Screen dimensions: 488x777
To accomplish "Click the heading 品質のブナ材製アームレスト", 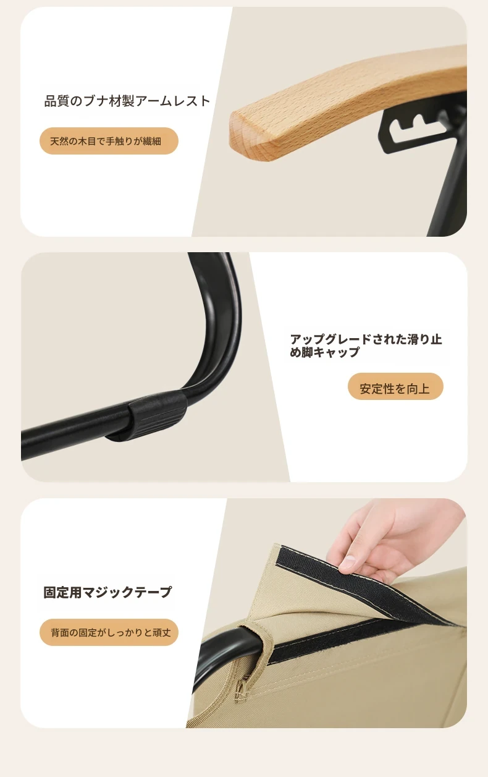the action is coord(127,101).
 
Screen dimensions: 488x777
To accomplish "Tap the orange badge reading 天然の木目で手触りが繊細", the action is coord(109,141).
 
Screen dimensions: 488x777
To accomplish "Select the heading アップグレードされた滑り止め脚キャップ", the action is coord(366,346).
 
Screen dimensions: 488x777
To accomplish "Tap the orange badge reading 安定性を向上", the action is coord(395,386).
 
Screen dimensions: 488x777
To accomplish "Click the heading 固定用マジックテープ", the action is coord(107,592).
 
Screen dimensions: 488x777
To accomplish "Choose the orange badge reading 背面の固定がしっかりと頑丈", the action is coord(109,632).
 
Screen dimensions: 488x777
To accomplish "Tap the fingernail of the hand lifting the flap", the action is coord(347,561).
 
